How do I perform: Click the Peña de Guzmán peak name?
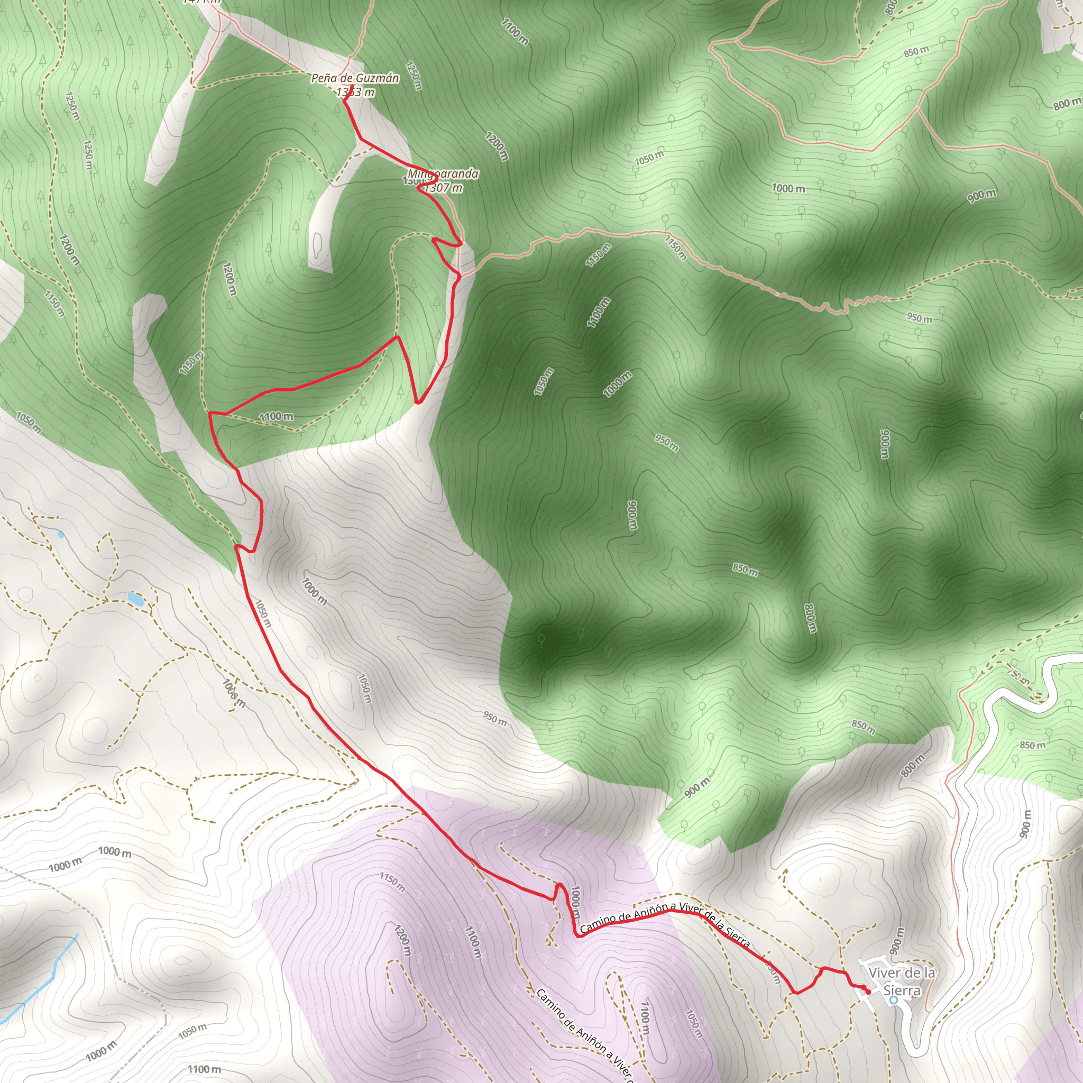point(355,78)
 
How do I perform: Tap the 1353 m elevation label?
point(355,92)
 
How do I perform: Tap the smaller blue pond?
point(60,534)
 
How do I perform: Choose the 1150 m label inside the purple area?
point(392,881)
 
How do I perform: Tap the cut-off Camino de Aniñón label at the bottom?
point(583,1035)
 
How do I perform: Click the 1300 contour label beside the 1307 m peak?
point(414,181)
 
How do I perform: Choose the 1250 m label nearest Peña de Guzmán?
point(414,76)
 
